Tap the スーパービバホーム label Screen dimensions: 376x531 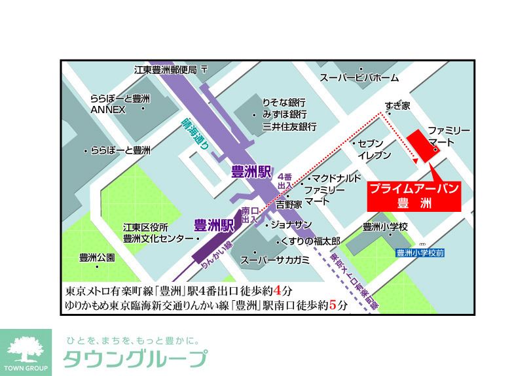tap(359, 78)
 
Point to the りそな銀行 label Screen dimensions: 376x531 tap(284, 103)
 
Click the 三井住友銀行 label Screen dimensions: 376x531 tap(289, 126)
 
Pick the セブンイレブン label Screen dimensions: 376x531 tap(375, 149)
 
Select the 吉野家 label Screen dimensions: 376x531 tap(289, 204)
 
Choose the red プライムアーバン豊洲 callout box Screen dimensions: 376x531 tap(412, 195)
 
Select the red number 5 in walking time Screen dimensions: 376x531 tap(336, 305)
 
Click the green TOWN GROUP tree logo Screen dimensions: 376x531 tap(27, 351)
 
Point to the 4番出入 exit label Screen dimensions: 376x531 tap(284, 180)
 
